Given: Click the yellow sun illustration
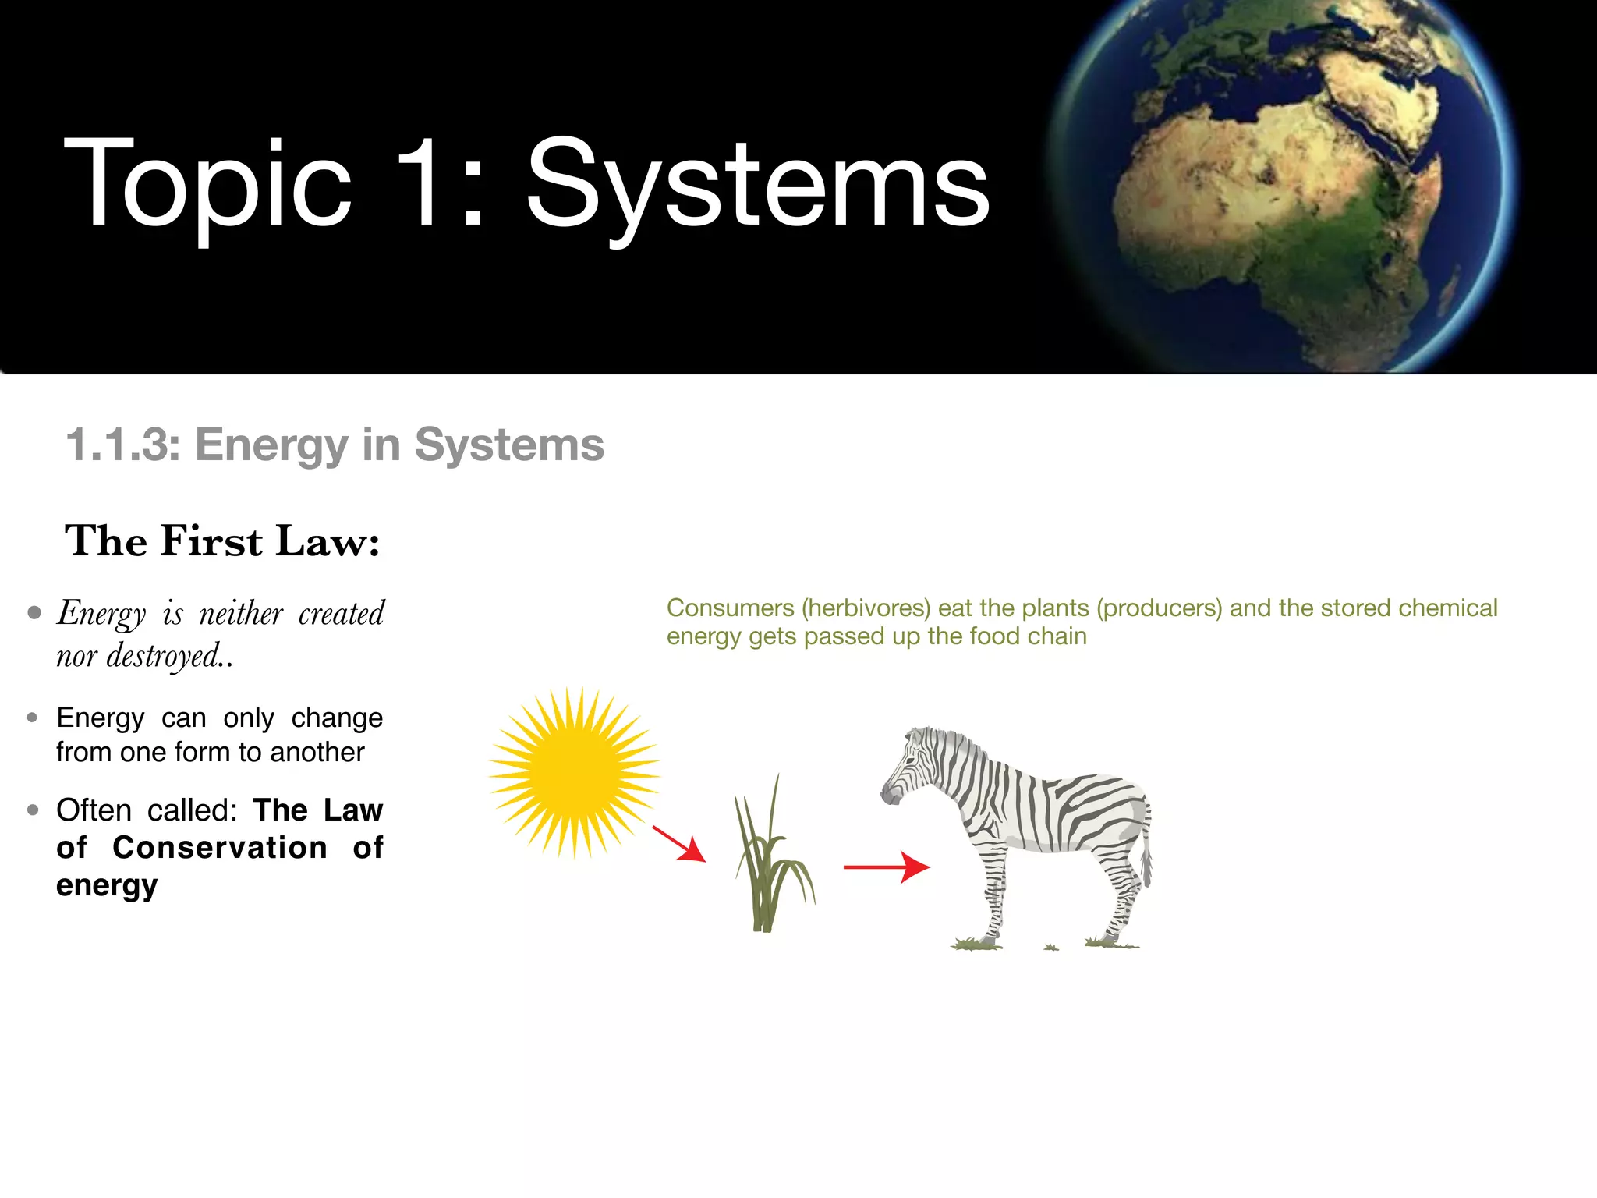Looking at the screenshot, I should tap(575, 772).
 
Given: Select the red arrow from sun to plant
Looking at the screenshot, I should tap(678, 844).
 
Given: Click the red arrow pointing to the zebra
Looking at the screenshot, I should tap(887, 867).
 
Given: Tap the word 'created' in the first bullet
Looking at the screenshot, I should tap(342, 614).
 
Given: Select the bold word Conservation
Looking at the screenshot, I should tap(220, 848).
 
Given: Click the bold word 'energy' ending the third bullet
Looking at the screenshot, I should tap(107, 886).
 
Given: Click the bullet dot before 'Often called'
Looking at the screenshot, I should tap(33, 810).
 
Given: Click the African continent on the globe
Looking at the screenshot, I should tap(1279, 203).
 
